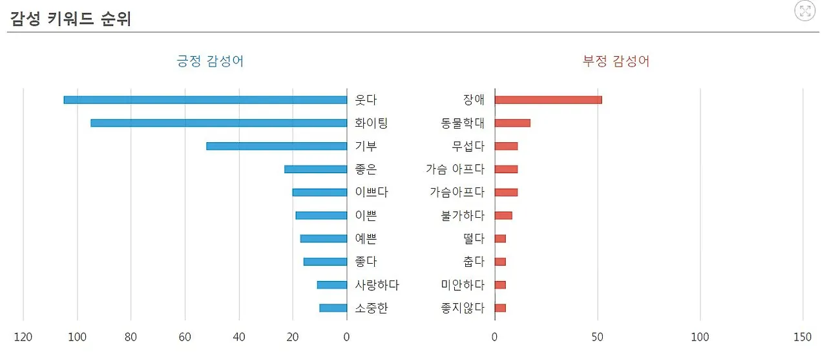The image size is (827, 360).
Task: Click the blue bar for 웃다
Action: coord(205,100)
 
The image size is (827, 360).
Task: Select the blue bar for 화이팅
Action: coord(219,123)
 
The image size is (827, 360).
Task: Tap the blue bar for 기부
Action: coord(277,146)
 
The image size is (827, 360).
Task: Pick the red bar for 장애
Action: coord(548,100)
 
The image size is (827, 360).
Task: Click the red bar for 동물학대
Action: coord(512,123)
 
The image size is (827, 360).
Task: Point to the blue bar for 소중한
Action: coord(333,308)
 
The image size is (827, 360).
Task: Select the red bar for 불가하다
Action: coord(503,215)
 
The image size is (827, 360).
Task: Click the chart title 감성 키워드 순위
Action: coord(70,19)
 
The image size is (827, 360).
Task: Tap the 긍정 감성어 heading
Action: coord(210,61)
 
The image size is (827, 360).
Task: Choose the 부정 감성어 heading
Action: coord(616,61)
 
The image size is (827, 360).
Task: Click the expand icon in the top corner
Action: coord(805,10)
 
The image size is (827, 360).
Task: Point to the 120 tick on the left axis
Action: coord(23,337)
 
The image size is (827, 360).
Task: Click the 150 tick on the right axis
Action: coord(802,337)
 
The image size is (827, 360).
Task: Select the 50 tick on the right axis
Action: coord(597,337)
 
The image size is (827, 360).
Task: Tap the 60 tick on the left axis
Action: coord(185,337)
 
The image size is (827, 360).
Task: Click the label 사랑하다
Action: coord(377,285)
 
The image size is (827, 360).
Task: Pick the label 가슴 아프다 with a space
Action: coord(455,169)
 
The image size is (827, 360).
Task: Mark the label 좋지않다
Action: coord(463,308)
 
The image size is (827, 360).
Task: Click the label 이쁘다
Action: coord(372,193)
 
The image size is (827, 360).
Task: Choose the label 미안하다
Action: coord(463,285)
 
